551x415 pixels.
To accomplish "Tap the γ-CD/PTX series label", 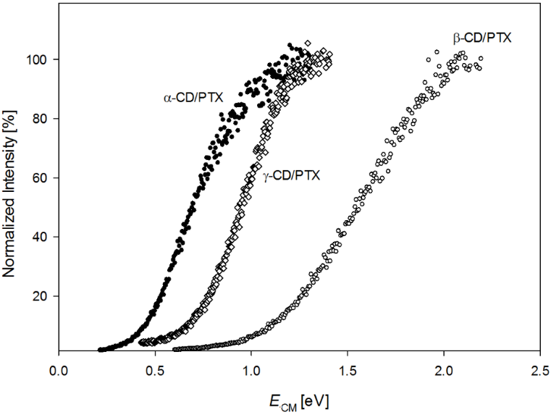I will (x=291, y=175).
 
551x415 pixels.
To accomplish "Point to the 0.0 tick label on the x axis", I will (x=59, y=369).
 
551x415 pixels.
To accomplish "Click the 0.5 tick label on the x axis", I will (x=155, y=369).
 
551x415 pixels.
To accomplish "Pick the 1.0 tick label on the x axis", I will (x=251, y=369).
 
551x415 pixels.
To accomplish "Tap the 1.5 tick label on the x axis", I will (x=348, y=369).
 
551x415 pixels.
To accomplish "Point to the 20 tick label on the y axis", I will (x=41, y=296).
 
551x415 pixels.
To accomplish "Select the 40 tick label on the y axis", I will (x=41, y=237).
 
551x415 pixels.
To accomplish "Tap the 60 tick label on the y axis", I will (x=41, y=177).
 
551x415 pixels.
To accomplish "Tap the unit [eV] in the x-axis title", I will (x=316, y=398).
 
